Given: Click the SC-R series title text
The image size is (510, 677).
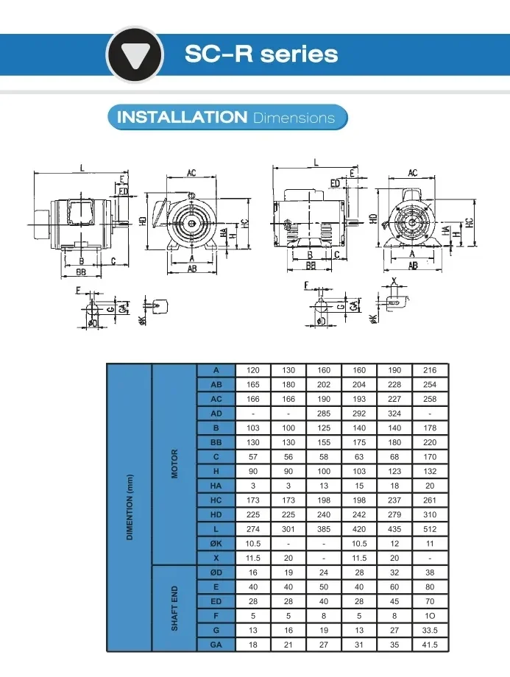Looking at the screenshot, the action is tap(261, 54).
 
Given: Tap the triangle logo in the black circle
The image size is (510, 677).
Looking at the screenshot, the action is tap(135, 55).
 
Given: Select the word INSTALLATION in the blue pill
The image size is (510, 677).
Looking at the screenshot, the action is tap(182, 117).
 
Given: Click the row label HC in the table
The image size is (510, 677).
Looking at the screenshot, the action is tap(216, 500).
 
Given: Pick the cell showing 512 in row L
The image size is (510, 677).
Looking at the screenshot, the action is tap(430, 529).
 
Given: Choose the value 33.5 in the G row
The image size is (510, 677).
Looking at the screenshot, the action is tap(430, 630).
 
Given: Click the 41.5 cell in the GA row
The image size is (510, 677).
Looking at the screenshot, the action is tap(430, 645).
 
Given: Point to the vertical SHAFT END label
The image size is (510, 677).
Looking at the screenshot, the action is tap(174, 608).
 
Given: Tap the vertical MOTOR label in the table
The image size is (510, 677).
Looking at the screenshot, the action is tap(174, 464).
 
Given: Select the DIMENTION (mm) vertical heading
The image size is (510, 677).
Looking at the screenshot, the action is tap(130, 507).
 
